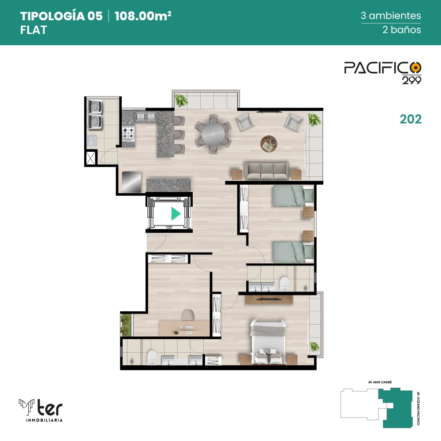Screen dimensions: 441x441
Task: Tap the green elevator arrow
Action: click(x=176, y=214)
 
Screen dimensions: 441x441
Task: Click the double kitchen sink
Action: click(x=146, y=116)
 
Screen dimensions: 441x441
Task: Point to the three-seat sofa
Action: click(x=266, y=171)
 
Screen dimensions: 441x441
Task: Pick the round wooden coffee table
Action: click(x=269, y=144)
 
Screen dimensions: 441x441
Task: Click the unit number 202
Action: click(x=411, y=119)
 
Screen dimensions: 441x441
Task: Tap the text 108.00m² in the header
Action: click(x=143, y=16)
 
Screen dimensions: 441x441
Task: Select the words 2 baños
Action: click(x=402, y=30)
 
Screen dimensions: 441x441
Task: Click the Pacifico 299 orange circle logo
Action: click(x=415, y=67)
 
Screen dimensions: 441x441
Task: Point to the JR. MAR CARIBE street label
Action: click(x=380, y=382)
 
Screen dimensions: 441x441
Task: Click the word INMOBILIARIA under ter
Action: click(x=44, y=420)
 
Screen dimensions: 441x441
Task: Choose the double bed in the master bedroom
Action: click(x=268, y=342)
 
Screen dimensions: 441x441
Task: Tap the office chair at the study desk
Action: click(x=187, y=315)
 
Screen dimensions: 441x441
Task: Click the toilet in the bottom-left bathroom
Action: click(x=152, y=358)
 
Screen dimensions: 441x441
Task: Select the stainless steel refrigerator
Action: click(x=131, y=182)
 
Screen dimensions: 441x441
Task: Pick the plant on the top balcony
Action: click(x=181, y=100)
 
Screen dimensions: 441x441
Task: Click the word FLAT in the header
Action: click(x=34, y=30)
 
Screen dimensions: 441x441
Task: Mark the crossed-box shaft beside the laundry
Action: click(x=90, y=159)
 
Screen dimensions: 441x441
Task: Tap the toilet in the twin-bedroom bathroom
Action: click(x=284, y=284)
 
